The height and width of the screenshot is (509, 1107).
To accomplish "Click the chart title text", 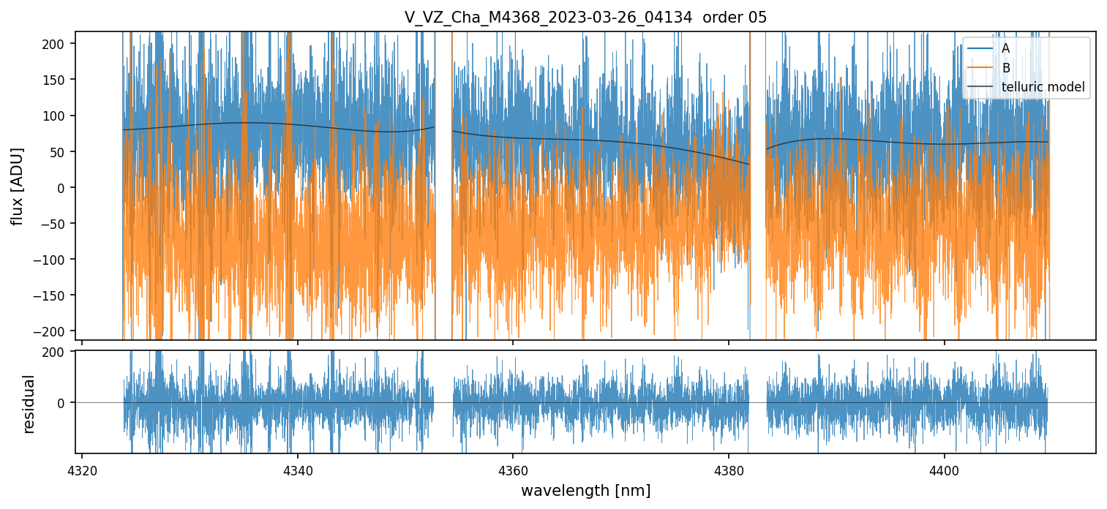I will pos(585,18).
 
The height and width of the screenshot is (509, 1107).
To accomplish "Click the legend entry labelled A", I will pos(1005,48).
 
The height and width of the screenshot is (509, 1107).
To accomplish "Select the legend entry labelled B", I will pos(1005,68).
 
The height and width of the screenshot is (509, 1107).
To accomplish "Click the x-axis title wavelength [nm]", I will pos(585,491).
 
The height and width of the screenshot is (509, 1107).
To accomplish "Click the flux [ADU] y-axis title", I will pos(17,186).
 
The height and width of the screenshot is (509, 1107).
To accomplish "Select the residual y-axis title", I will pos(29,403).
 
